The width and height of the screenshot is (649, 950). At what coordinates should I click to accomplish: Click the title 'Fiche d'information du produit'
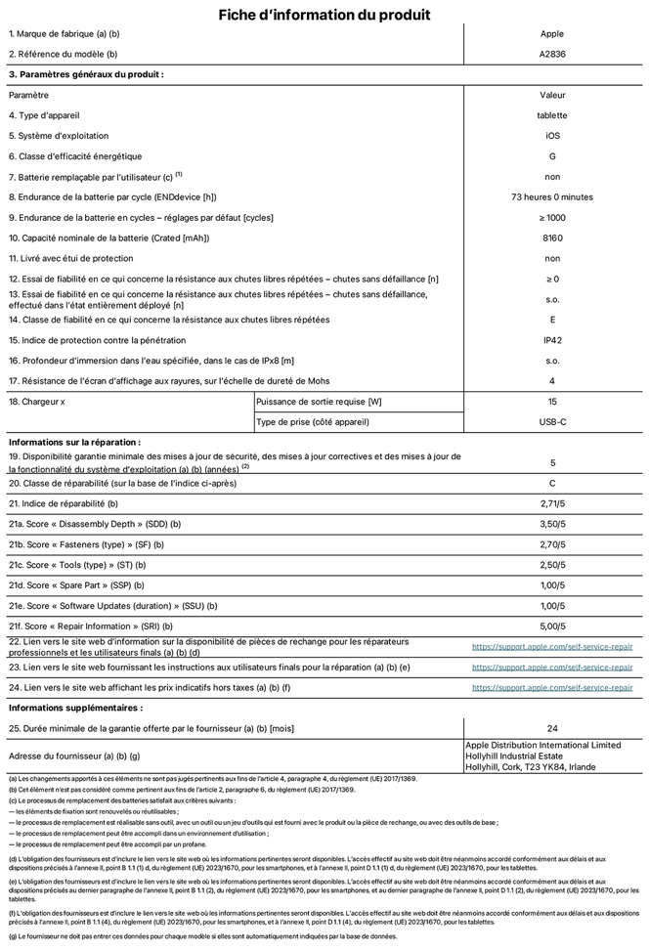(x=324, y=15)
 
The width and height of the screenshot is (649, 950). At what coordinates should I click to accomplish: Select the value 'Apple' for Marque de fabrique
(x=552, y=33)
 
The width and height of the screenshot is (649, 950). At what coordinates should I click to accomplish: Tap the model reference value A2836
(x=552, y=54)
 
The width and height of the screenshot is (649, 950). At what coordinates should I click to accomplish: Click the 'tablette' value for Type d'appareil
(x=552, y=115)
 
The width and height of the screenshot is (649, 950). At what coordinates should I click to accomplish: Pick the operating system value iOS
(x=552, y=136)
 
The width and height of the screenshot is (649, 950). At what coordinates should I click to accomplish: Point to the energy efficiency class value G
(x=552, y=156)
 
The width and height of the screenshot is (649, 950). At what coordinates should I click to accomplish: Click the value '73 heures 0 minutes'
(x=552, y=197)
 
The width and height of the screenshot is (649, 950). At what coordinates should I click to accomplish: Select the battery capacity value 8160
(x=552, y=238)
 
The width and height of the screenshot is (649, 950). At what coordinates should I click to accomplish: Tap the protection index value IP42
(x=552, y=340)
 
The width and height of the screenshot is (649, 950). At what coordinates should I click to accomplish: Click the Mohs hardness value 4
(x=552, y=381)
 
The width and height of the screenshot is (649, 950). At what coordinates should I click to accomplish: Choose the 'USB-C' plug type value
(x=552, y=422)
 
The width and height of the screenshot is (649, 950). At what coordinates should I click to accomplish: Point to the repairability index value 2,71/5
(x=552, y=503)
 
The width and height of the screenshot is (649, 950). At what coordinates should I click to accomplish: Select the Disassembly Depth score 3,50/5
(x=552, y=524)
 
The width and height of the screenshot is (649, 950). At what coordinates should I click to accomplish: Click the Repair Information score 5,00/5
(x=552, y=626)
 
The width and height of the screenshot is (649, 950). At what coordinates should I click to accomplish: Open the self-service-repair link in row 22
(x=552, y=647)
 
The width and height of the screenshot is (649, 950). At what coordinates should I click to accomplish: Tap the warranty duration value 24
(x=552, y=728)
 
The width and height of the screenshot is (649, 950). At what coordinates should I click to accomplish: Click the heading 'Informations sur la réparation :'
(x=74, y=442)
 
